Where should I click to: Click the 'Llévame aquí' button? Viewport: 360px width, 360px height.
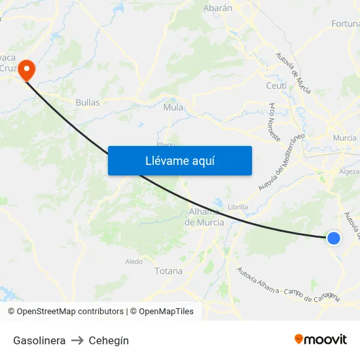click(179, 160)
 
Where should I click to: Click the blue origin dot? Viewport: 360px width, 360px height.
click(333, 238)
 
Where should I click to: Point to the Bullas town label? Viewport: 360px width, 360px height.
click(88, 102)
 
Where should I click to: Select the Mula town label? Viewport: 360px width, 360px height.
click(173, 107)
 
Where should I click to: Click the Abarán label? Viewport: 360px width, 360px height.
click(218, 8)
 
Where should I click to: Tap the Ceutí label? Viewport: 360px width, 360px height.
click(276, 86)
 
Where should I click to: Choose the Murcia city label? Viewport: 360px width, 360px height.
click(344, 138)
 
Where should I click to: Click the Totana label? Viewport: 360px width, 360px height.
click(169, 270)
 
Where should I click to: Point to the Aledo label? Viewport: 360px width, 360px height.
click(134, 261)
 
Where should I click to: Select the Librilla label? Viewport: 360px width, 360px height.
click(238, 207)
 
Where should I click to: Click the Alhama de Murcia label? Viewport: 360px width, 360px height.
click(206, 217)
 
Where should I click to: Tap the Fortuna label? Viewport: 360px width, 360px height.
click(345, 24)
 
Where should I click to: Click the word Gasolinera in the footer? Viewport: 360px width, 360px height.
click(39, 340)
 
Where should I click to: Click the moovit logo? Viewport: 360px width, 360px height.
click(320, 339)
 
